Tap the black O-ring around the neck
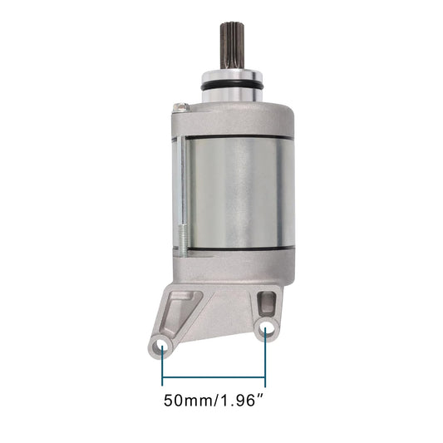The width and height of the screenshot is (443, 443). point(232,86)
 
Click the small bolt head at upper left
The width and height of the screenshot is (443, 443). point(180,107)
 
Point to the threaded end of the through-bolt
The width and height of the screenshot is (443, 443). point(183,240)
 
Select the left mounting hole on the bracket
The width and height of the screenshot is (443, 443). point(161,347)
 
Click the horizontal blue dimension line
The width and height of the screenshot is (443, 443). point(214,377)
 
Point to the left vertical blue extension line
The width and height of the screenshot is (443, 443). point(162,366)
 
